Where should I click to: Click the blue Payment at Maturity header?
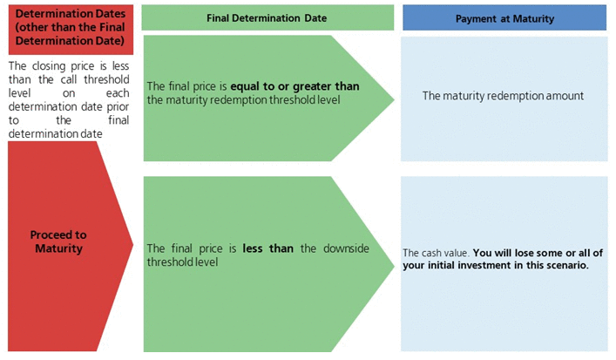click(504, 17)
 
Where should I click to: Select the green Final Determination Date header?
click(267, 17)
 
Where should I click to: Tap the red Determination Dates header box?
click(71, 30)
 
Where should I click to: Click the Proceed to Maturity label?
click(58, 241)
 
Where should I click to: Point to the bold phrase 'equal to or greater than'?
click(294, 86)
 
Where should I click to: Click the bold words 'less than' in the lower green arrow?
click(268, 248)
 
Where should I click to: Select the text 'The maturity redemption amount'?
click(503, 96)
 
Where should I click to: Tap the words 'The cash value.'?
click(436, 253)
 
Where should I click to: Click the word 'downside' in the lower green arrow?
click(346, 248)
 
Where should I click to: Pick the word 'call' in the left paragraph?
click(69, 79)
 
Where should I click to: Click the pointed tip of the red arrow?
click(133, 244)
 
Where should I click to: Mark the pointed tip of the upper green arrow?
click(394, 99)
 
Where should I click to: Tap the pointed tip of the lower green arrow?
click(394, 265)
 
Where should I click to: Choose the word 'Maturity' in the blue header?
click(533, 19)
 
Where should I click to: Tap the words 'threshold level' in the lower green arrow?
click(182, 262)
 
